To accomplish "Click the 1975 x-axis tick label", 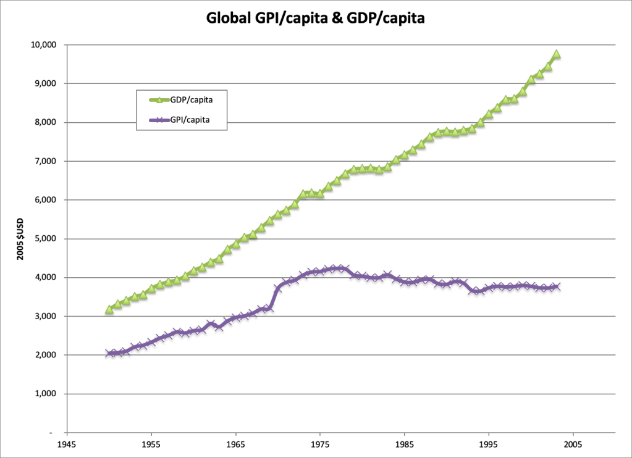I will (319, 443).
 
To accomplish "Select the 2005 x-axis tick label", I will (573, 443).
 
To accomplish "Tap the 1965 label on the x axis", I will (235, 443).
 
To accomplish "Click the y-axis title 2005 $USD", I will (20, 238).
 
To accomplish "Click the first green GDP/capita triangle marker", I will (109, 309).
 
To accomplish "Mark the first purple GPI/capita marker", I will (109, 354).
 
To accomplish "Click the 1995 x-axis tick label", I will (489, 443).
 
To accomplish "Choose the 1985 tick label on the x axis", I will (404, 443).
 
